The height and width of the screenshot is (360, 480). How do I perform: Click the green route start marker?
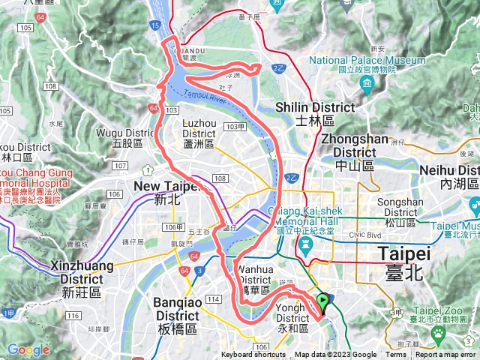(323, 302)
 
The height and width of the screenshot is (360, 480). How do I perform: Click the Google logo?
(28, 349)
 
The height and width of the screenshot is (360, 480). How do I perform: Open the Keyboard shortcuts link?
(254, 355)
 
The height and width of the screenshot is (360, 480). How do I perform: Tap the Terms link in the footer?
(397, 355)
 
